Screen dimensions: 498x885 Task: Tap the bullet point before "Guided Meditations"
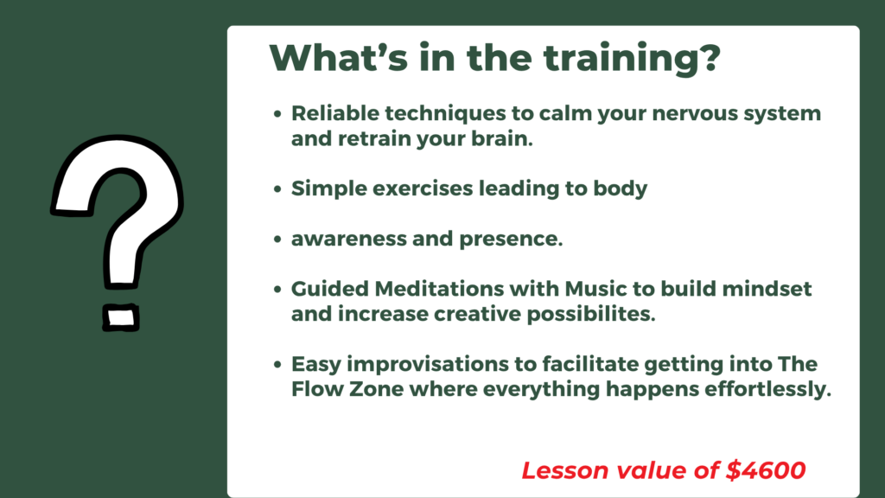(277, 290)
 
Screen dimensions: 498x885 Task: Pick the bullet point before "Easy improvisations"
(277, 365)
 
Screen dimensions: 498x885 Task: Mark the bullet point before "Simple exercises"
(277, 189)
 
